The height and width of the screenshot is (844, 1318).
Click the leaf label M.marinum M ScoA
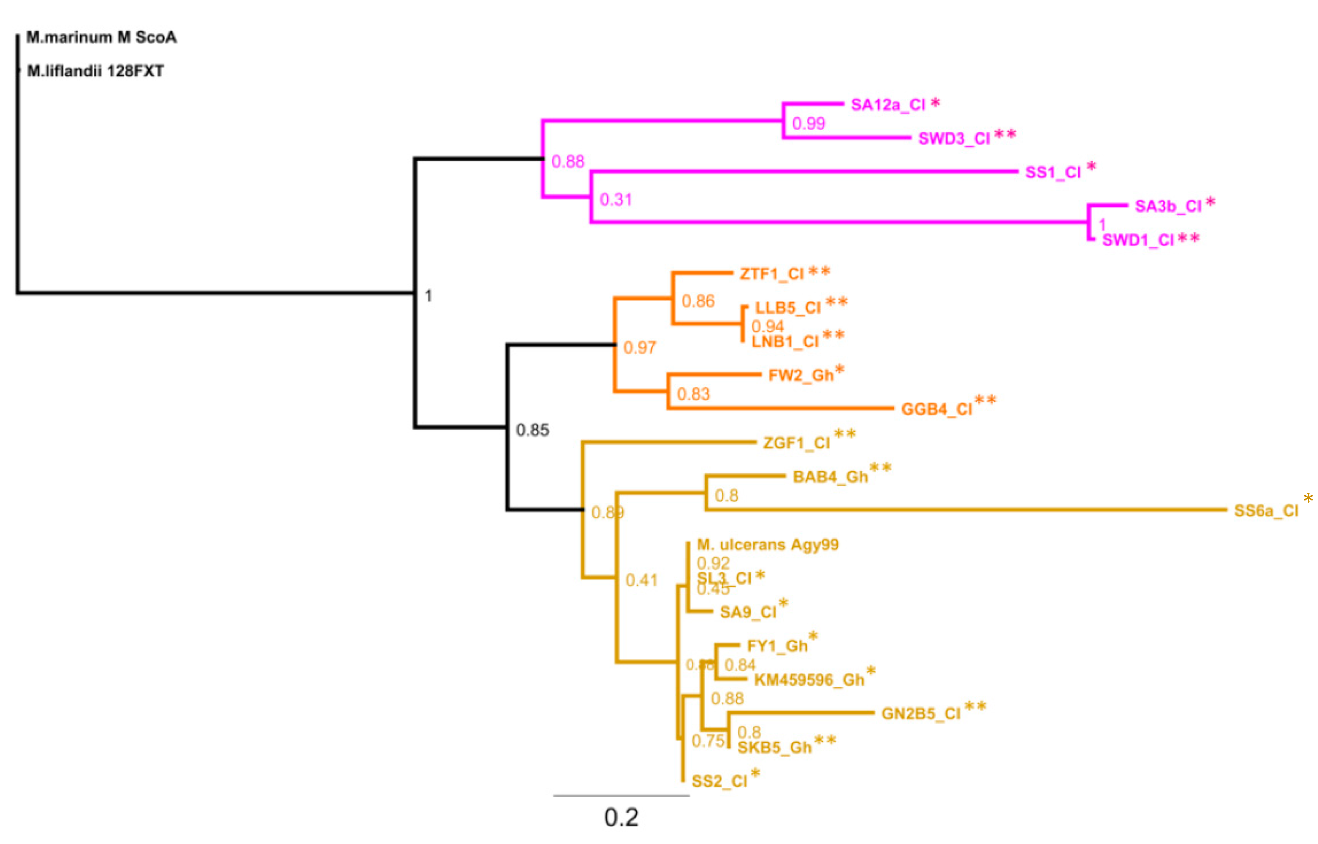pyautogui.click(x=102, y=37)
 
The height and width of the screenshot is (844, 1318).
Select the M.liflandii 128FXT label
pyautogui.click(x=95, y=71)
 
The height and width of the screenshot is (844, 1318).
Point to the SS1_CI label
pyautogui.click(x=1053, y=172)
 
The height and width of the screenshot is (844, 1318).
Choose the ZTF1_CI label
pyautogui.click(x=772, y=274)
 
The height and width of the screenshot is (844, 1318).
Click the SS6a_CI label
pyautogui.click(x=1266, y=511)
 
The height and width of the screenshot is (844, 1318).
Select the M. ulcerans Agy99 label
pyautogui.click(x=768, y=545)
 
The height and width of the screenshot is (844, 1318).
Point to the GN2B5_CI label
pyautogui.click(x=921, y=713)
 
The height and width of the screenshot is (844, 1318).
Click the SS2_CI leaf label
pyautogui.click(x=720, y=782)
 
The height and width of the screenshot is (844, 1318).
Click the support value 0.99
pyautogui.click(x=809, y=124)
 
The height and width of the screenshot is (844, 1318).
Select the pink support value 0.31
pyautogui.click(x=616, y=200)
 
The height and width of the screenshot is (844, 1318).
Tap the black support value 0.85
pyautogui.click(x=532, y=430)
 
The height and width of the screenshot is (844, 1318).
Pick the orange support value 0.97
pyautogui.click(x=639, y=348)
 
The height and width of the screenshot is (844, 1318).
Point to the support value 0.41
pyautogui.click(x=641, y=580)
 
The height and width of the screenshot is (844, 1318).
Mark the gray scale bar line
pyautogui.click(x=622, y=795)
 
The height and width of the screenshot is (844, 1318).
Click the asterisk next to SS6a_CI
pyautogui.click(x=1308, y=499)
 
